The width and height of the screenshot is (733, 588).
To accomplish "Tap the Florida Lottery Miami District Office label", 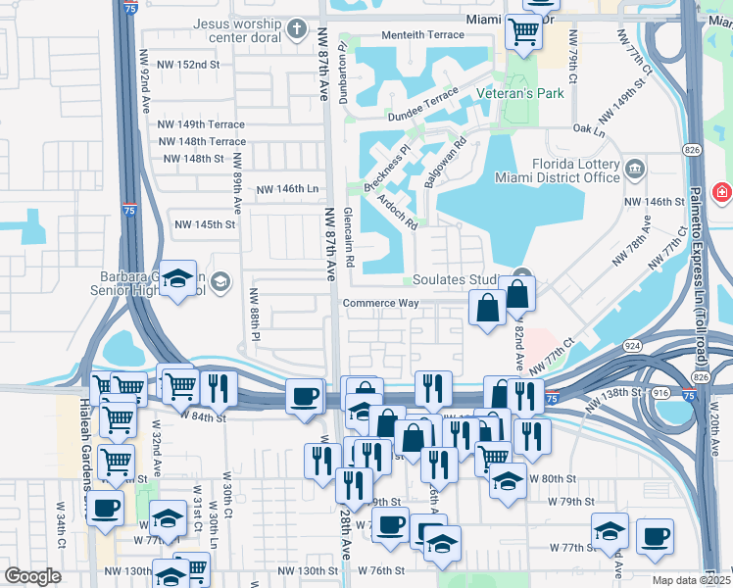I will point(574,171).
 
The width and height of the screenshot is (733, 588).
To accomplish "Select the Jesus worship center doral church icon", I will point(299,28).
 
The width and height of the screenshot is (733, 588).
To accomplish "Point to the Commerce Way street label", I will point(380,303).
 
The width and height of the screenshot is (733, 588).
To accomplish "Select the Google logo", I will point(32,576).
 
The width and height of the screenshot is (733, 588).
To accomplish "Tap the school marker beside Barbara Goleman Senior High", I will point(179,280).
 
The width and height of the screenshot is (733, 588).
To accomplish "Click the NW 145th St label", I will point(206,224).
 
